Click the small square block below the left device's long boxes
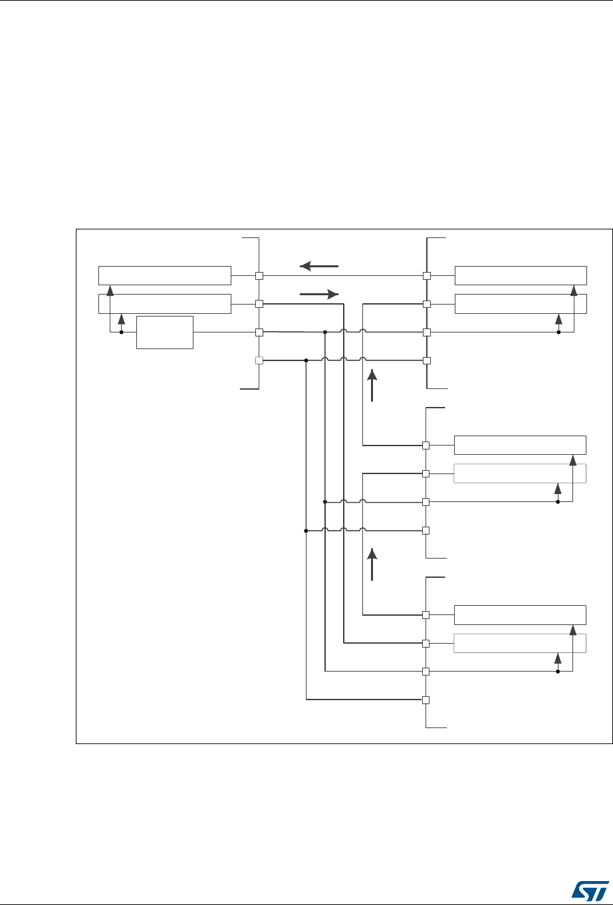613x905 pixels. [164, 332]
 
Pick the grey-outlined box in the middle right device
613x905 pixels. [520, 473]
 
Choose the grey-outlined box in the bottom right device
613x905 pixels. [520, 644]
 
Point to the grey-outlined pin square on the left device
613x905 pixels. [260, 361]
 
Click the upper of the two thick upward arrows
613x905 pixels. [372, 385]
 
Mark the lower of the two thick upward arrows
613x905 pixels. [372, 565]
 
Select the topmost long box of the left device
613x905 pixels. [165, 275]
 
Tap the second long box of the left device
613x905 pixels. [165, 303]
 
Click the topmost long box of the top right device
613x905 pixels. [521, 275]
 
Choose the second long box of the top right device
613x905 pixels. [521, 303]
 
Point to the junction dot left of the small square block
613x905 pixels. [121, 332]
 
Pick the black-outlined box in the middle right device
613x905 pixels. [520, 445]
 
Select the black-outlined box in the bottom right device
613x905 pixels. [520, 615]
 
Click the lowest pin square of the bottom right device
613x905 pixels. [426, 700]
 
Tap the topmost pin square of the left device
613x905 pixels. [260, 275]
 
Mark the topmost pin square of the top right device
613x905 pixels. [426, 275]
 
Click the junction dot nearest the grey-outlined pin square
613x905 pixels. [306, 361]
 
